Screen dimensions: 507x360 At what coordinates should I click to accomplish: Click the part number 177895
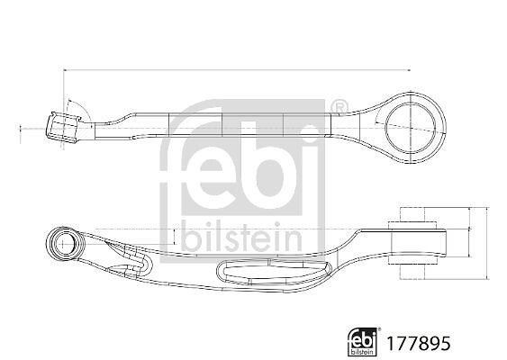(x=419, y=343)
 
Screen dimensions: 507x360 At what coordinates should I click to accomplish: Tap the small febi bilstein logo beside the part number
(x=362, y=342)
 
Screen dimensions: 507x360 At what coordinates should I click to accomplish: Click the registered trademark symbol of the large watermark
(x=340, y=106)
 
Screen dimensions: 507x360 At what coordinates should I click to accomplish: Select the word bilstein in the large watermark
(x=241, y=237)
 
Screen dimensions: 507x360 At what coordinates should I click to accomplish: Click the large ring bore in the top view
(x=411, y=127)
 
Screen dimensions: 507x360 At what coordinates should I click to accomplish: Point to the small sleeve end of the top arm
(x=63, y=128)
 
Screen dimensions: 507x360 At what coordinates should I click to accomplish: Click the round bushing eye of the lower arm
(x=65, y=243)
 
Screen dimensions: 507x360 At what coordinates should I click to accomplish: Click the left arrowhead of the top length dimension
(x=66, y=69)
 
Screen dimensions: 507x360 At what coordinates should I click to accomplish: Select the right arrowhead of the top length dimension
(x=408, y=70)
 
